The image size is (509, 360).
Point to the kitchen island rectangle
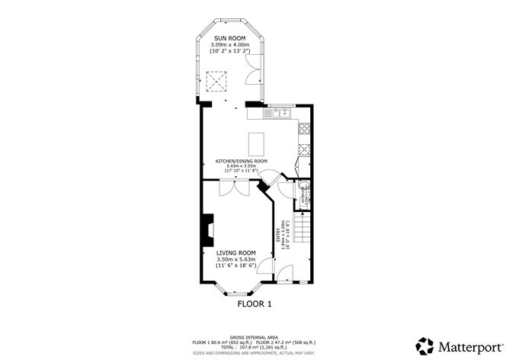coord(254,142)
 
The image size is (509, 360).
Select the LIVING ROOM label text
coord(235,252)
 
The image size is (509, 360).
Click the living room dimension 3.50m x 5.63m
coord(235,260)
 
